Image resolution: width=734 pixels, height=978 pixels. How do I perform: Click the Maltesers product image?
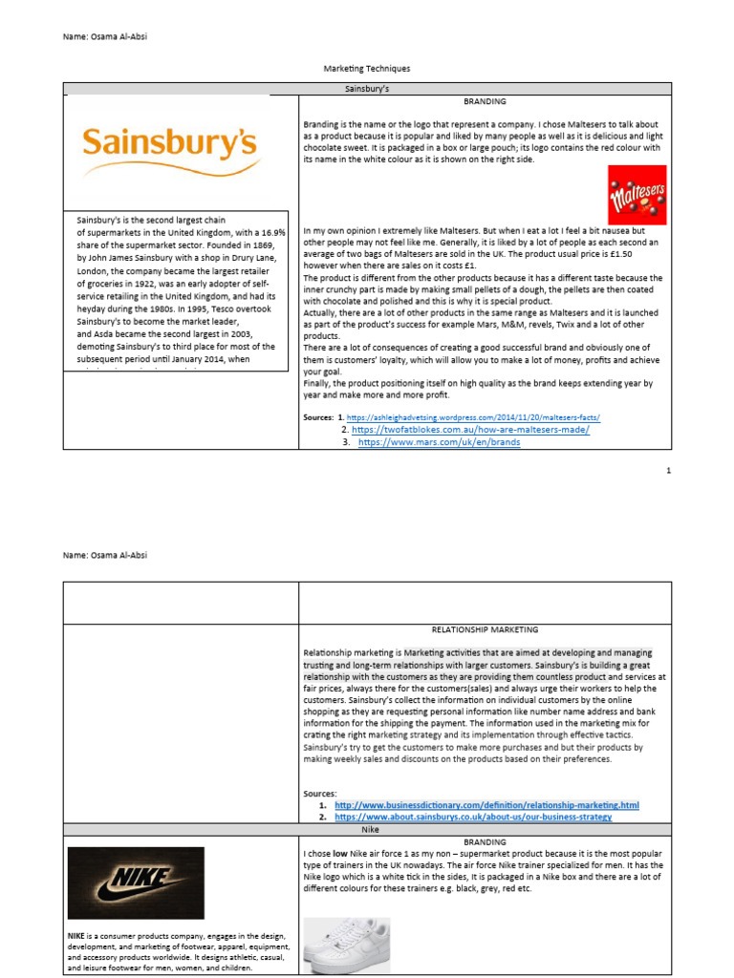click(637, 196)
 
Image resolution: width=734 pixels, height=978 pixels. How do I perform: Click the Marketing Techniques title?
click(367, 69)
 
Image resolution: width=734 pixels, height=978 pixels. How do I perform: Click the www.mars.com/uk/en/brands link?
click(439, 443)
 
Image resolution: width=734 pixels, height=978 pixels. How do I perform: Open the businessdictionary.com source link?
click(486, 805)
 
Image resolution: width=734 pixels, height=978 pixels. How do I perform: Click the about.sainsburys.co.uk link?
click(472, 818)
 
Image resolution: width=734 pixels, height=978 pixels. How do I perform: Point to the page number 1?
click(668, 471)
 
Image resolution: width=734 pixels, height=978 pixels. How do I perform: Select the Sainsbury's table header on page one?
click(367, 88)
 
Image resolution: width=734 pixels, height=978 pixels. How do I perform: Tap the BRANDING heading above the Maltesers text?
click(485, 101)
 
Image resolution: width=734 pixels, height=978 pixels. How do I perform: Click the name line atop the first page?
click(105, 37)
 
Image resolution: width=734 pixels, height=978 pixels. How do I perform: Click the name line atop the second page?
click(105, 554)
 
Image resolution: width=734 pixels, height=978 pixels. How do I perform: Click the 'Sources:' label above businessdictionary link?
click(319, 793)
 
